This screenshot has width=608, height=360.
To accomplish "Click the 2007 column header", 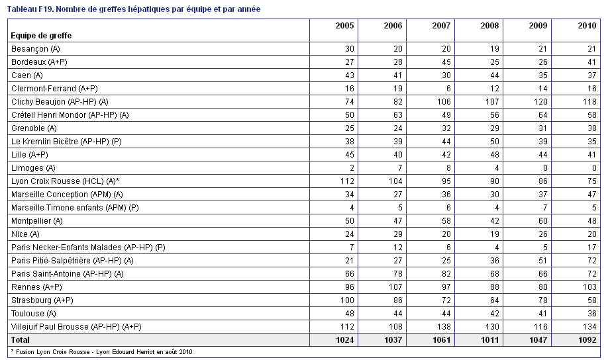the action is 441,26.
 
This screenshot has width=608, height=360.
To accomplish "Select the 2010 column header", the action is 587,26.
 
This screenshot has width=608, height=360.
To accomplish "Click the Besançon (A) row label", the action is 36,49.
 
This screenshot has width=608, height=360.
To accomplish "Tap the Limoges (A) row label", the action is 33,168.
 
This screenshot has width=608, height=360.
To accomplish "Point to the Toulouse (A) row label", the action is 34,314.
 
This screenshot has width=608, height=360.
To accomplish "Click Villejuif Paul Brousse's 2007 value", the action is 443,327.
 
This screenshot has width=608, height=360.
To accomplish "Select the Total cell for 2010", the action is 587,340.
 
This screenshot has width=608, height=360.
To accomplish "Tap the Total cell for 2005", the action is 344,340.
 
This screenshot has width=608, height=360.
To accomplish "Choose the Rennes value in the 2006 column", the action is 395,287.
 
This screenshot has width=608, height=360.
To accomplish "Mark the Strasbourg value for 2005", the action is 346,300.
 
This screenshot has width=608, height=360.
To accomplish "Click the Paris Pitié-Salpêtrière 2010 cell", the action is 591,261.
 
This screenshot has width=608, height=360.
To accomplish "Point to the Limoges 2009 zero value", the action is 545,168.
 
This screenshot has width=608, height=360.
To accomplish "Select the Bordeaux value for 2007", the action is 446,62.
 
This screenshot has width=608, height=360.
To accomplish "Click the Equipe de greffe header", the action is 41,36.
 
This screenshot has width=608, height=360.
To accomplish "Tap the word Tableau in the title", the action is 22,9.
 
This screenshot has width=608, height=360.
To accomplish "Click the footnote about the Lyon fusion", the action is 101,352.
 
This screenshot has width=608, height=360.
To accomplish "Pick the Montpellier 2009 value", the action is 543,221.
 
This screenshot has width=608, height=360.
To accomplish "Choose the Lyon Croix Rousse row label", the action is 65,181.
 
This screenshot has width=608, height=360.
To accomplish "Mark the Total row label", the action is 20,340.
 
